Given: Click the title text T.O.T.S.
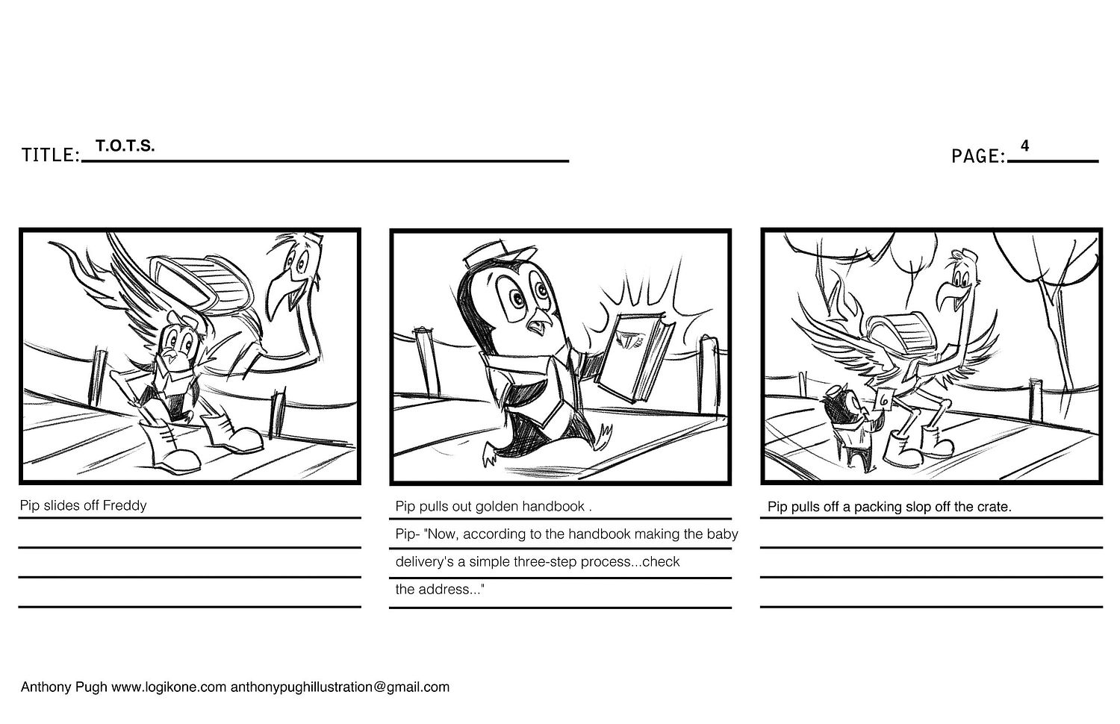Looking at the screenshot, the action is pos(125,146).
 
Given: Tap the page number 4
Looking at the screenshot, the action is pos(1024,146).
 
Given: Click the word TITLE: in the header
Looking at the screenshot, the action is pos(51,155).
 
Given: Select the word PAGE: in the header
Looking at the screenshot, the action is pos(978,157).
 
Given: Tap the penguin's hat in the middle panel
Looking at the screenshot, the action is pos(490,255).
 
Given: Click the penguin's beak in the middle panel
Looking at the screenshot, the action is pos(538,325).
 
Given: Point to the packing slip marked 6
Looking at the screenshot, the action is pos(885,399).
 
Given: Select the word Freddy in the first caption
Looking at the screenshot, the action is pos(125,505).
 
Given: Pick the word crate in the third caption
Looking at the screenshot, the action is pos(994,507).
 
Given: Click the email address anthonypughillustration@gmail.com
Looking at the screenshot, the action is pos(340,687).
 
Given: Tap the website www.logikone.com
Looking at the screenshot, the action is pos(169,687).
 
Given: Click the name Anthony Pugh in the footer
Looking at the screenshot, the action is pos(63,687).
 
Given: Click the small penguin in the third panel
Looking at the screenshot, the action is pos(849,424).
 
